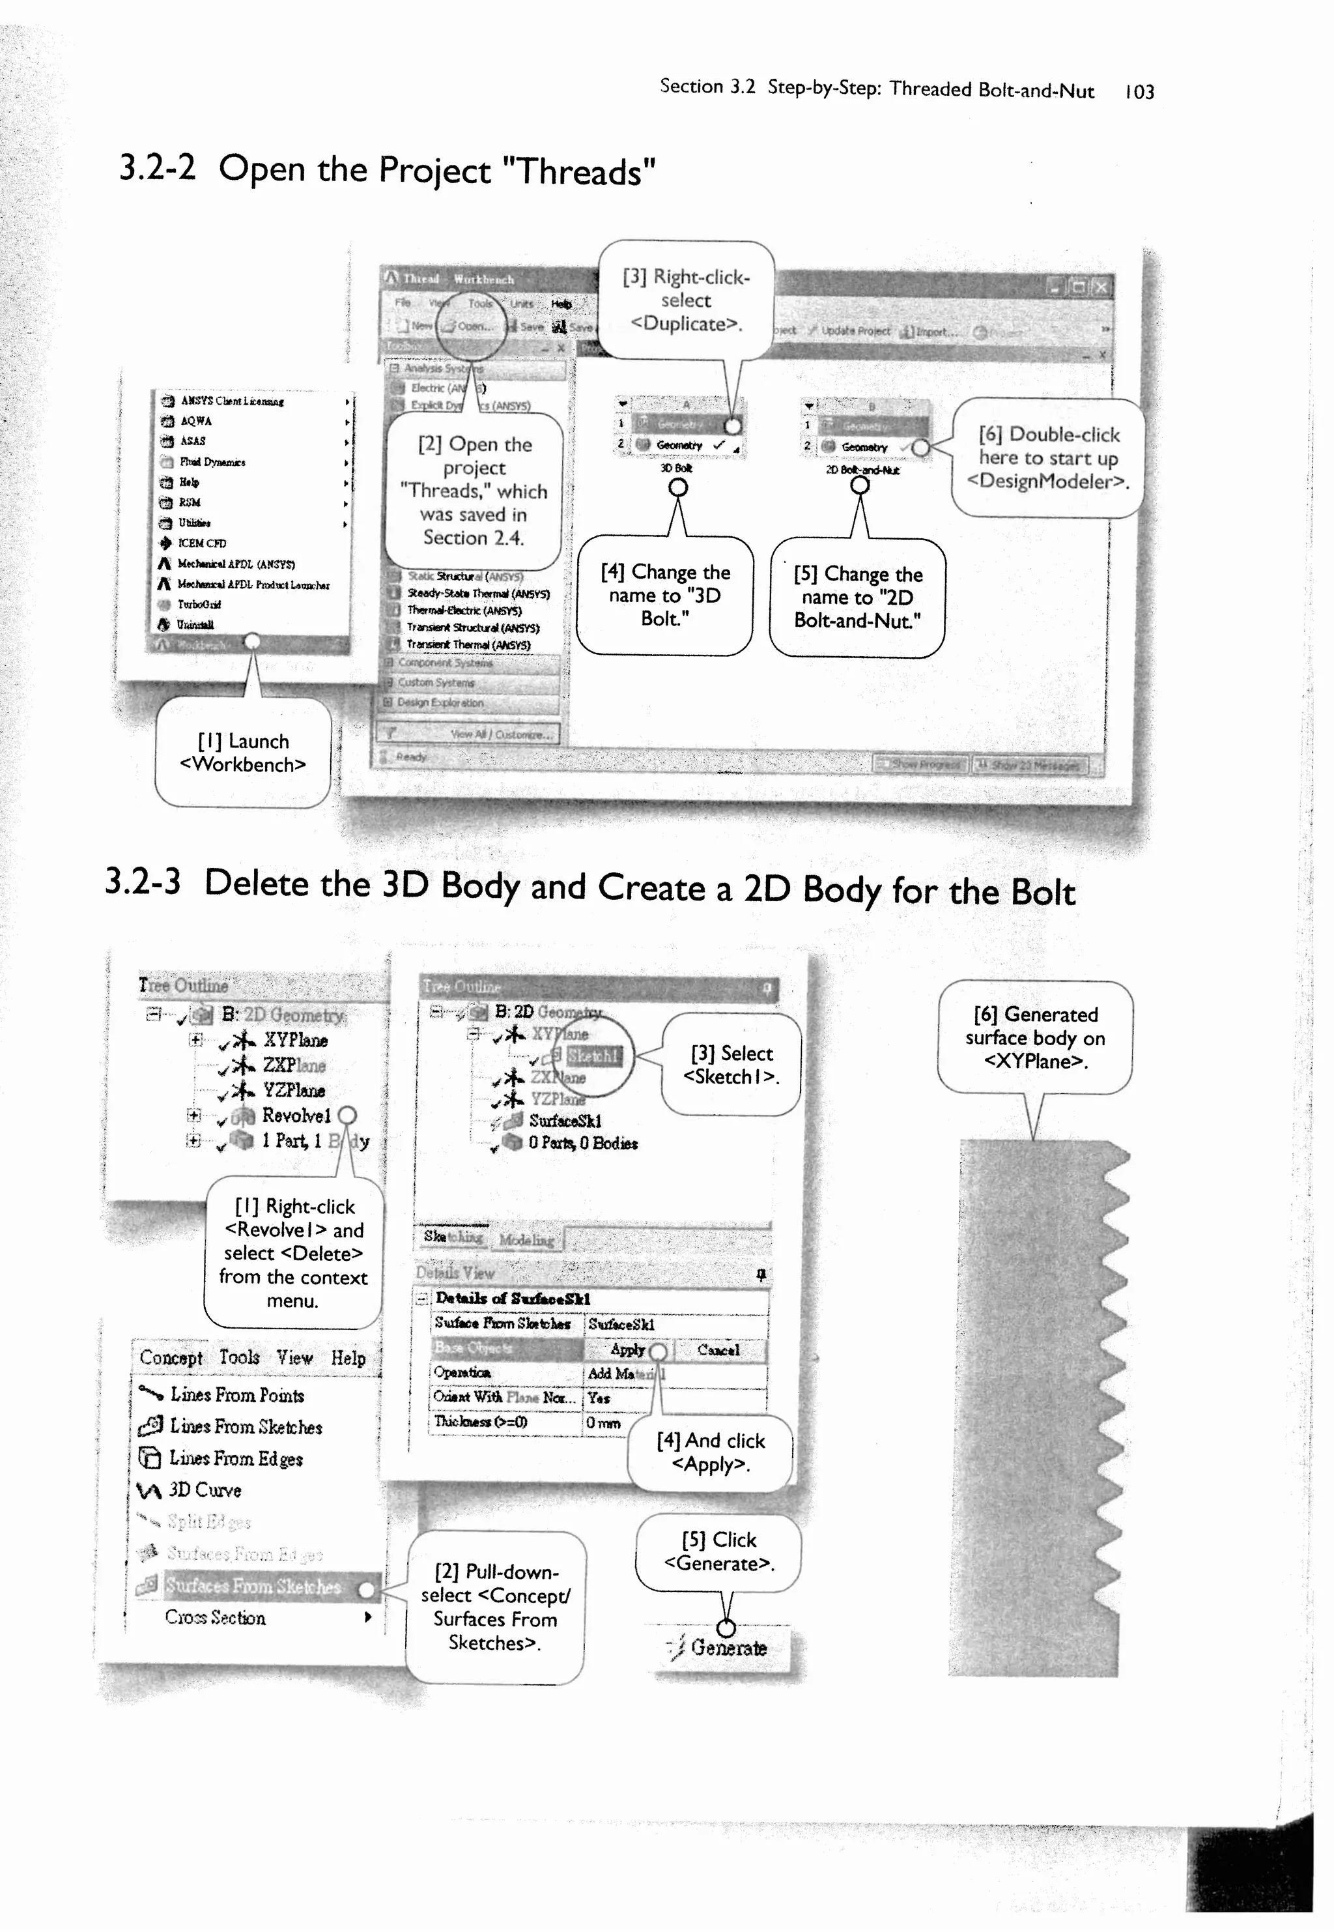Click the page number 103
[x=1139, y=92]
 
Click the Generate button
[x=727, y=1648]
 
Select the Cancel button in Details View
[x=718, y=1349]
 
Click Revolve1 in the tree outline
[x=296, y=1116]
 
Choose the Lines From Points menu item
[x=236, y=1394]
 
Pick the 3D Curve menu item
[x=205, y=1490]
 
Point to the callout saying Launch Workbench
[x=242, y=753]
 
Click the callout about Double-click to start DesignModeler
[x=1047, y=457]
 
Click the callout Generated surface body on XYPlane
[x=1035, y=1037]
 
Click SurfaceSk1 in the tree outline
[x=564, y=1121]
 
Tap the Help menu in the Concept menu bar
[x=348, y=1358]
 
